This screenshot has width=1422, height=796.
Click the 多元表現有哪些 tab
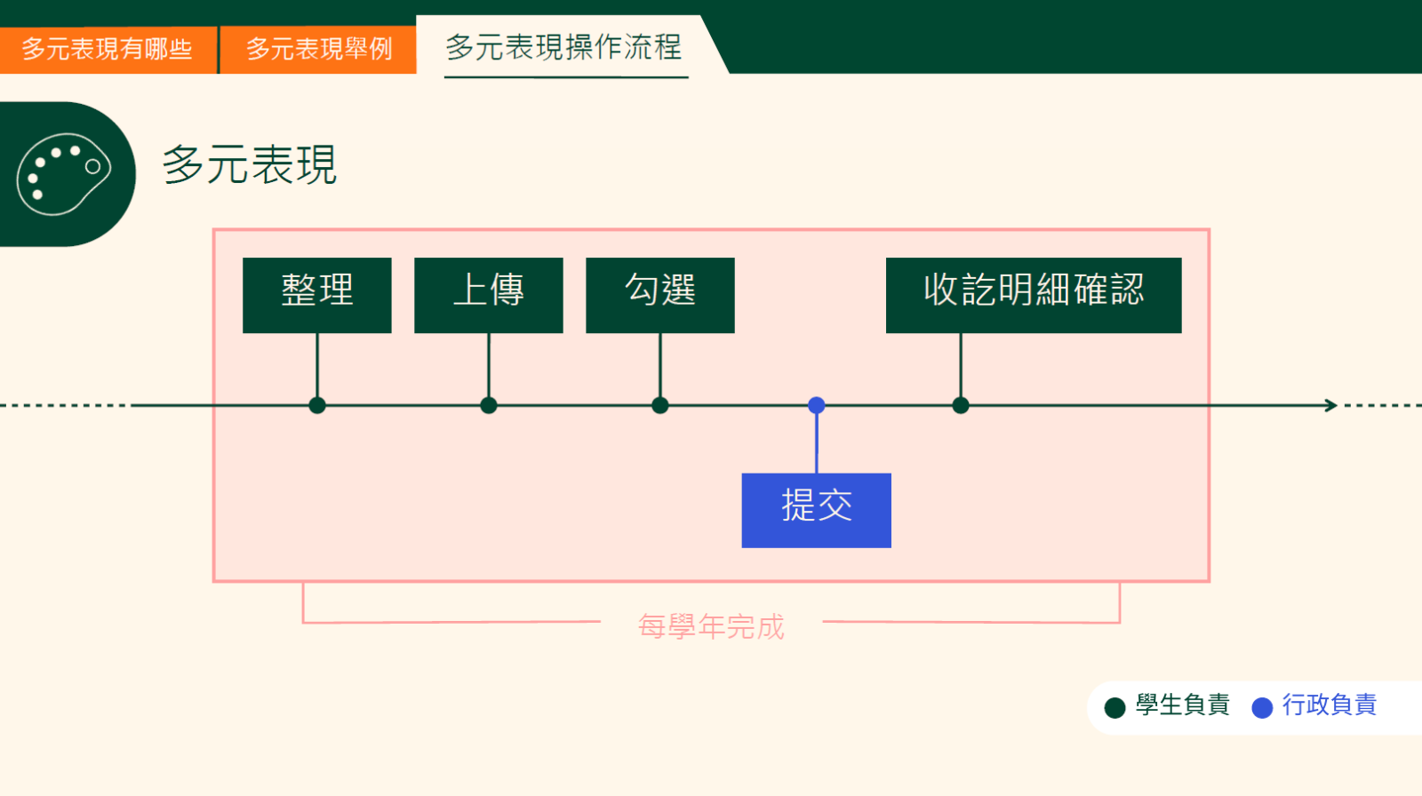pos(108,49)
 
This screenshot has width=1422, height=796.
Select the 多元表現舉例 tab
pos(318,49)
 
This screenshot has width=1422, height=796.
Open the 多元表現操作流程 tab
pos(563,47)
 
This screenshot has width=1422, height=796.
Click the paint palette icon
pos(63,174)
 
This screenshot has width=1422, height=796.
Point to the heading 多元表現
pos(250,165)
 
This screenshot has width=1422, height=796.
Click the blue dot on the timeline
pos(817,405)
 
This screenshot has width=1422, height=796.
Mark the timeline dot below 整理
pos(317,405)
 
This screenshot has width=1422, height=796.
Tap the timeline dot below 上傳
pos(489,405)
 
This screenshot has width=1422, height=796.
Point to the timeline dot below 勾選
pos(660,405)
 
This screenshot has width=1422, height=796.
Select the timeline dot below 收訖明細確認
pos(961,405)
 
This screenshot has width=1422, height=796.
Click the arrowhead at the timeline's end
pos(1331,405)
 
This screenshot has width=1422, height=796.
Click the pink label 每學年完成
pos(711,626)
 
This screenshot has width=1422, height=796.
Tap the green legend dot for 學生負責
pos(1114,707)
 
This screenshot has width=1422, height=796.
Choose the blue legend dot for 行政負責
pos(1262,707)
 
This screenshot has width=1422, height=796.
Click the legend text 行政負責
pos(1329,704)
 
